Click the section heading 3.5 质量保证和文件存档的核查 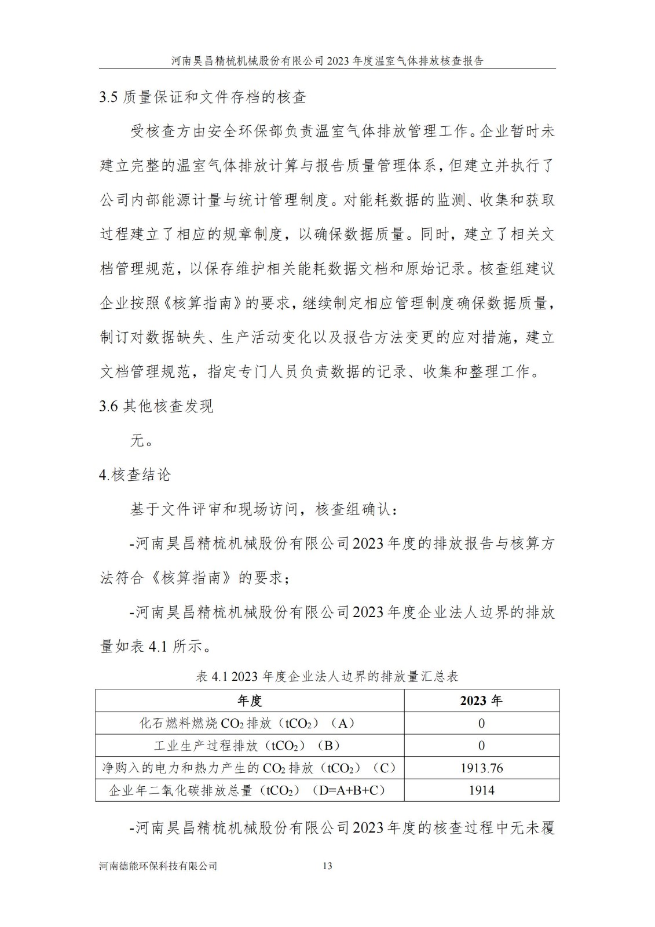[203, 97]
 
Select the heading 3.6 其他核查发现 [156, 406]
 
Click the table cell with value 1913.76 [481, 768]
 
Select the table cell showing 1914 [481, 790]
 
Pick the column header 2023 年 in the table [481, 700]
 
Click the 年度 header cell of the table [250, 700]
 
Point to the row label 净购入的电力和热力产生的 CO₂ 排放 [249, 768]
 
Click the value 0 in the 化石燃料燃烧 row [481, 723]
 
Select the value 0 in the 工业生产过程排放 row [481, 746]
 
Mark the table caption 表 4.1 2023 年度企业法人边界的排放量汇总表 [327, 676]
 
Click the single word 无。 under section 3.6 [142, 440]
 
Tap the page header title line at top [327, 60]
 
